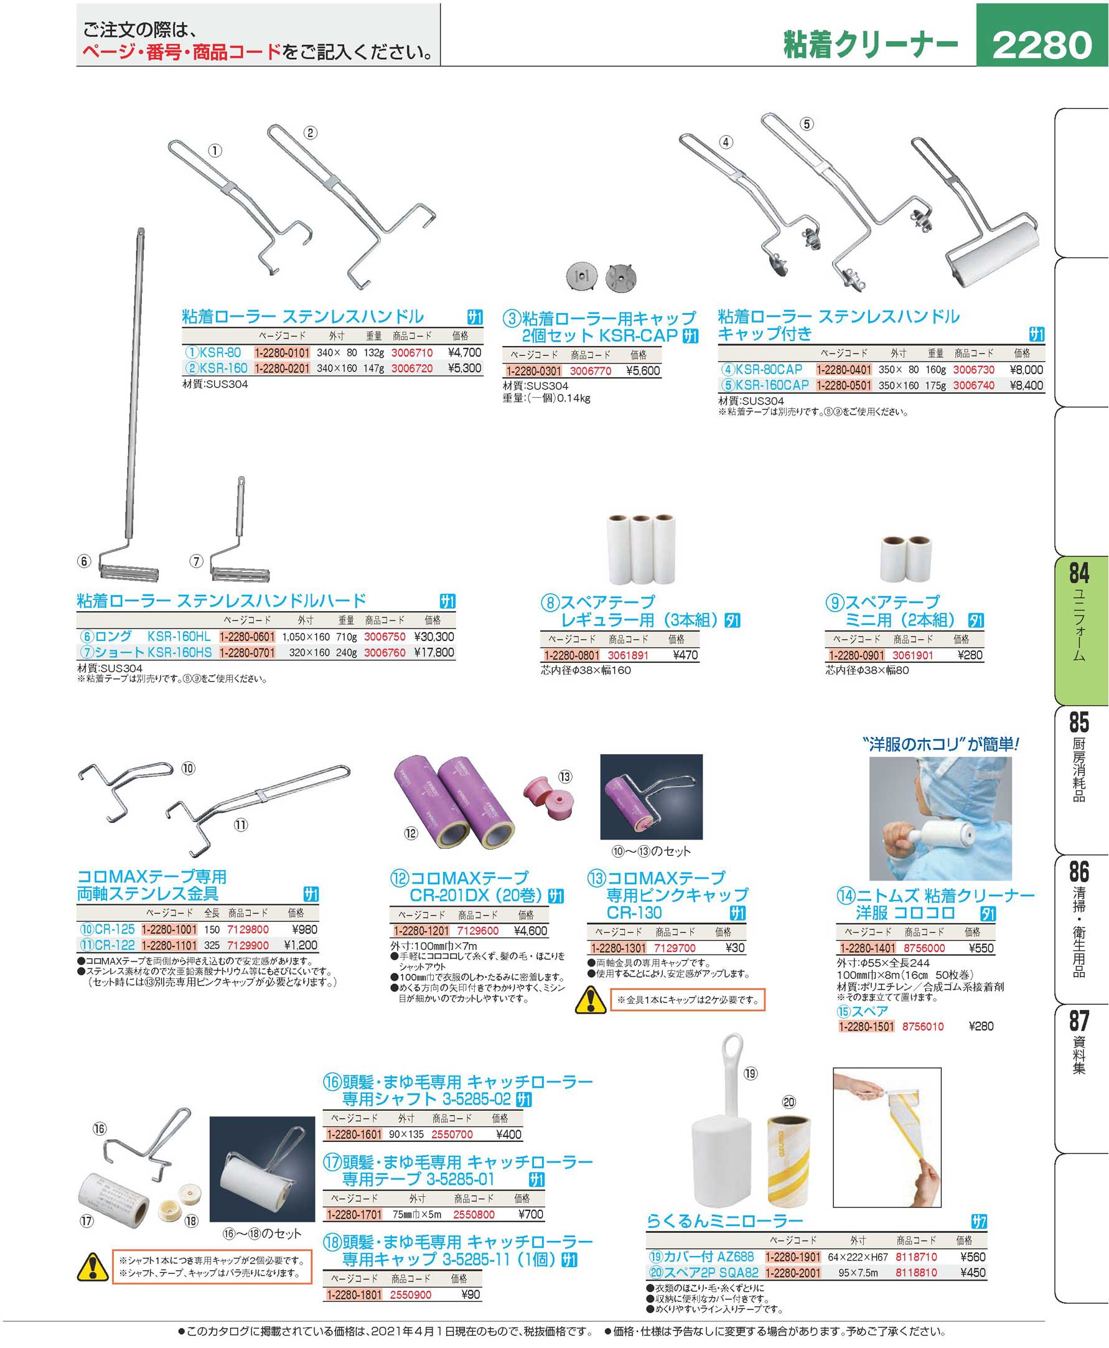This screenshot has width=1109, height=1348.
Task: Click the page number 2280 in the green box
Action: click(x=1042, y=45)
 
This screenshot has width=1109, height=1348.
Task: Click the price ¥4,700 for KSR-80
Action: click(x=464, y=353)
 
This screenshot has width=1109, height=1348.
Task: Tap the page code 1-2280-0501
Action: click(x=843, y=386)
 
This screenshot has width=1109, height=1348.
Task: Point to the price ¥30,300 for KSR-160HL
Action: click(x=434, y=637)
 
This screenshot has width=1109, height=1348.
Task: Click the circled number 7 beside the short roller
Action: click(x=196, y=561)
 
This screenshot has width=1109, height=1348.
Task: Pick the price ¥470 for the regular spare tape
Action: click(x=685, y=655)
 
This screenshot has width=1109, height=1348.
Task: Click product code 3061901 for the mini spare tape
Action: click(x=912, y=655)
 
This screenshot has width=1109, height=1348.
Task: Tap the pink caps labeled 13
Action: click(x=549, y=799)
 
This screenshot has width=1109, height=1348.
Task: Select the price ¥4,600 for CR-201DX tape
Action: click(x=530, y=932)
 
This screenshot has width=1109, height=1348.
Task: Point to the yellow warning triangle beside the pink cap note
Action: click(x=591, y=1000)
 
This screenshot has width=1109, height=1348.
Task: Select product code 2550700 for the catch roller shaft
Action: click(x=452, y=1135)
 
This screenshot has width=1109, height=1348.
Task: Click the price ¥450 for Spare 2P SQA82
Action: click(x=973, y=1273)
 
